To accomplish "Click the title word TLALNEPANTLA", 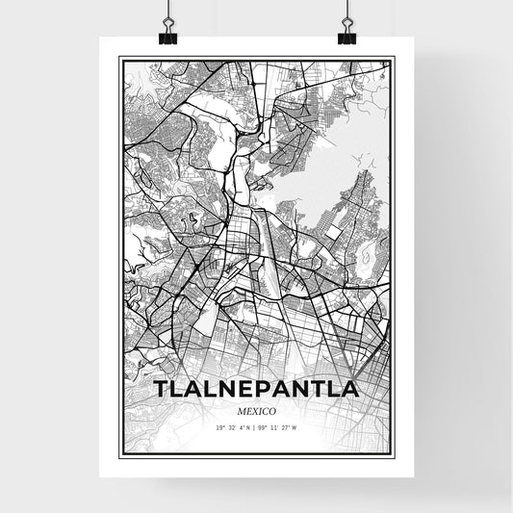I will [256, 389].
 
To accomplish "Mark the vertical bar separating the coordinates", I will [254, 426].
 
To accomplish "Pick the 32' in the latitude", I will [232, 426].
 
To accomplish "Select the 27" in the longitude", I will [284, 426].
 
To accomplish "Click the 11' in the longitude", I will [273, 426].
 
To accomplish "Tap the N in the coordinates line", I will [248, 426].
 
